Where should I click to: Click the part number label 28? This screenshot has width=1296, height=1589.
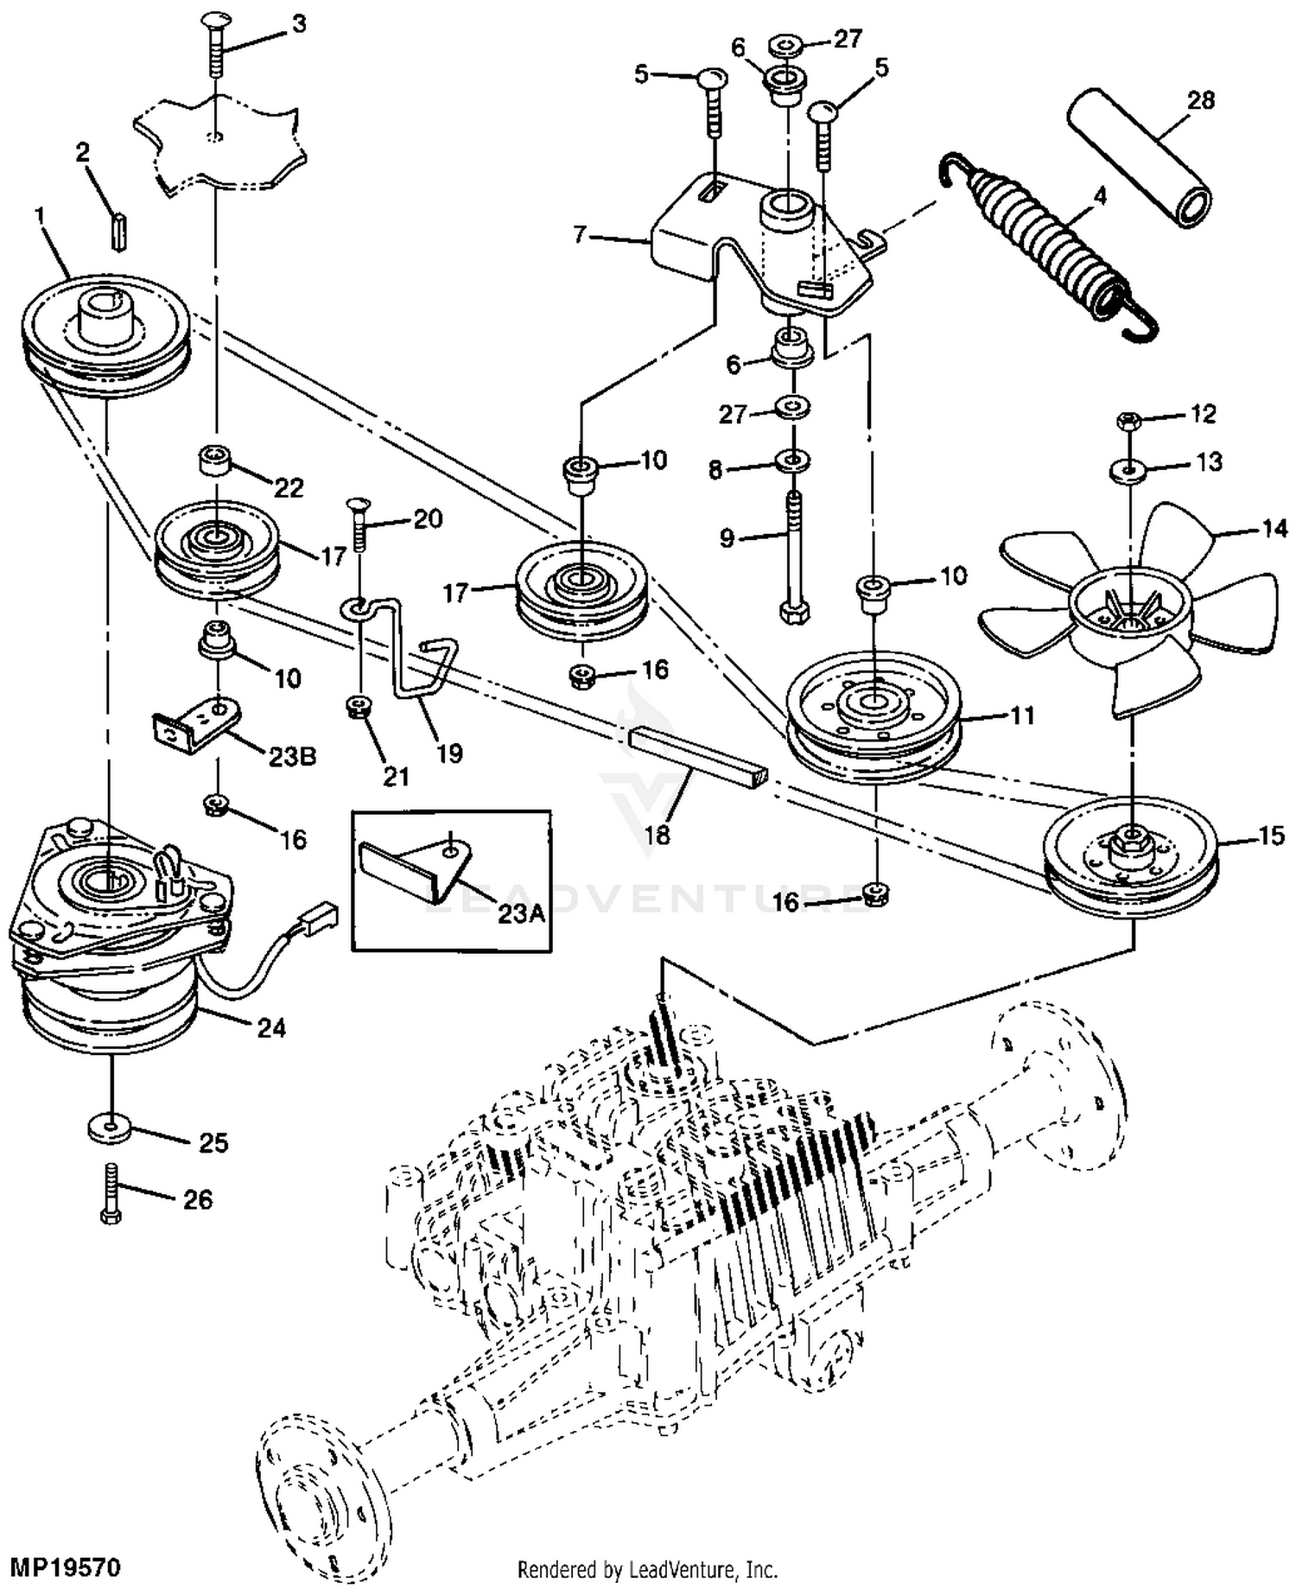pyautogui.click(x=1200, y=101)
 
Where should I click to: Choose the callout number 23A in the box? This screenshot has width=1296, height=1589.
pyautogui.click(x=521, y=912)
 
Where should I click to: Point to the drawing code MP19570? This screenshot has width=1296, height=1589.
pyautogui.click(x=64, y=1566)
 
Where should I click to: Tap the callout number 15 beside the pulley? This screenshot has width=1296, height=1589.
pyautogui.click(x=1271, y=836)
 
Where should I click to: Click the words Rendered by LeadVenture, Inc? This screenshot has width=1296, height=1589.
pyautogui.click(x=647, y=1569)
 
